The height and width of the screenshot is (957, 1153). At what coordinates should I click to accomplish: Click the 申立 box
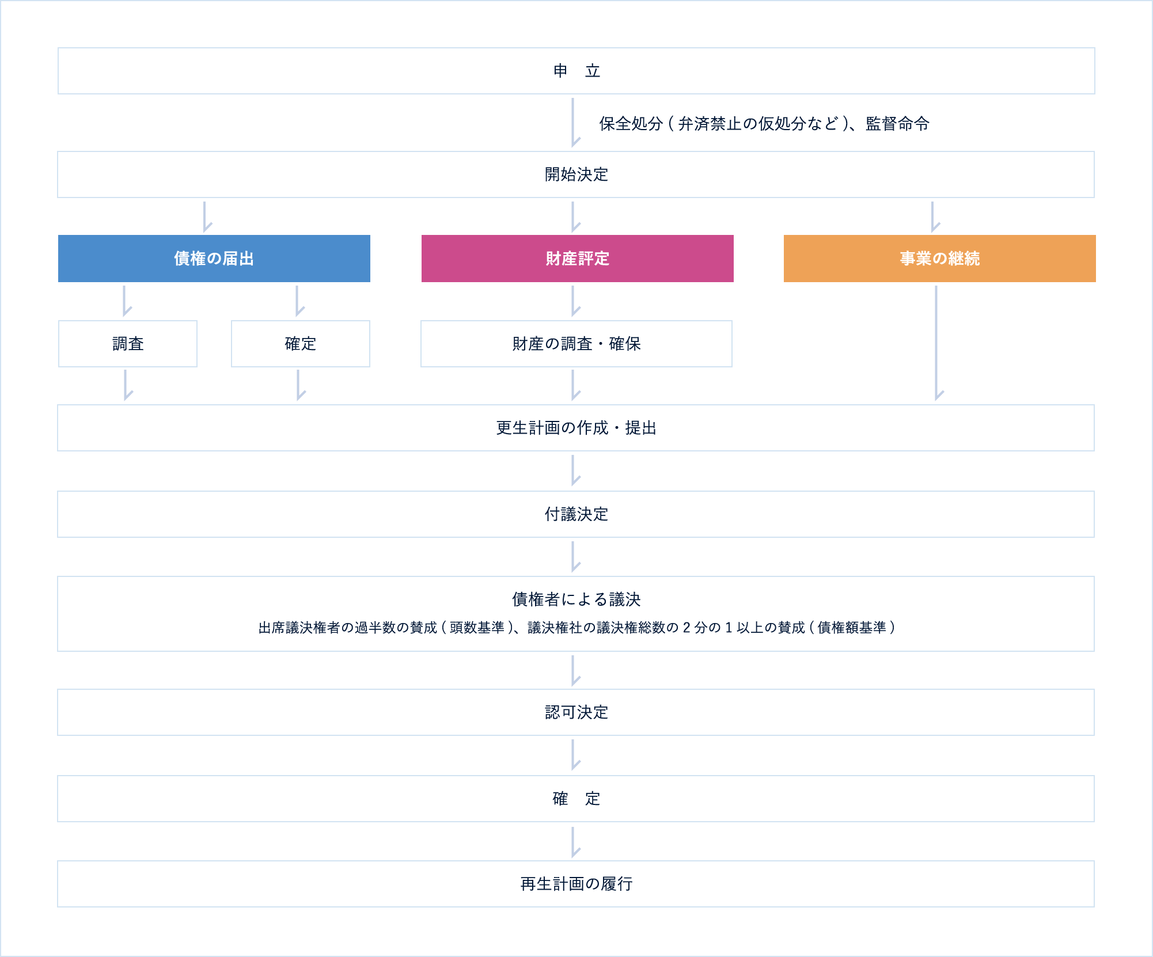576,71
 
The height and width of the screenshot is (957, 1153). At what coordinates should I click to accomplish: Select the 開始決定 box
576,174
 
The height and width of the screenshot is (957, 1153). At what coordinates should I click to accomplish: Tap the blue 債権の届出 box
214,259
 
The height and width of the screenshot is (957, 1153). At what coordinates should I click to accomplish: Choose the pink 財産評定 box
578,259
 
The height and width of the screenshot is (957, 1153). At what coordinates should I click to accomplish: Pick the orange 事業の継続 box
940,259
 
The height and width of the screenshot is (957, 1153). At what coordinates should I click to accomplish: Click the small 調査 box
128,344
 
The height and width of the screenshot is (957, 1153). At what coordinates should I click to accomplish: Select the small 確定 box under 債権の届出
301,344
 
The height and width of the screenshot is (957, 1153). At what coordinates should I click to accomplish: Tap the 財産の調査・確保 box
576,344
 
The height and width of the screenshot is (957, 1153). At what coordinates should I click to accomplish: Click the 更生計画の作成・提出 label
576,428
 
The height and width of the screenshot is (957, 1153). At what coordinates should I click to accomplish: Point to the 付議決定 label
576,514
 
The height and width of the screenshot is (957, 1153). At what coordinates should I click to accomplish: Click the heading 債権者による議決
576,599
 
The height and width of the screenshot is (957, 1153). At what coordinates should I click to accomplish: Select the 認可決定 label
576,712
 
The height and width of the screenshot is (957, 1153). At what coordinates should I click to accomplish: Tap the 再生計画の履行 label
576,884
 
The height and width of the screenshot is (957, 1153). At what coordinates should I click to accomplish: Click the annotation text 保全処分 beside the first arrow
631,124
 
